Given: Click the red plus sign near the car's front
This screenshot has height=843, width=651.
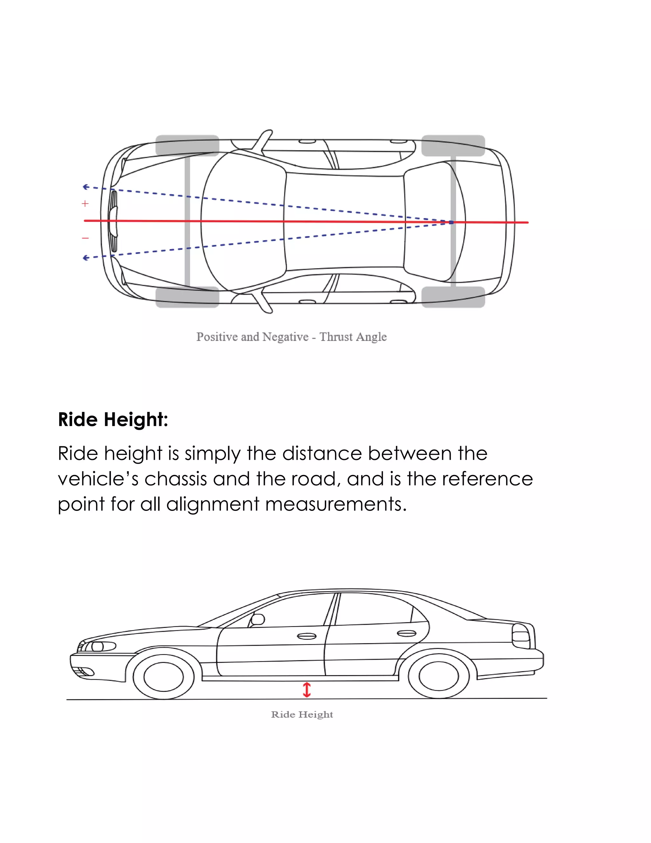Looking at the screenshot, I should point(85,203).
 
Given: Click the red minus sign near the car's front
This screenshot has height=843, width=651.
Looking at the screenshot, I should point(85,238).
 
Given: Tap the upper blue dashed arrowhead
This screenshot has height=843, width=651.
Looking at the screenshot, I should point(86,187).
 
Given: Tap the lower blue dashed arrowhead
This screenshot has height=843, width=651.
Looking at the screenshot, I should point(86,258).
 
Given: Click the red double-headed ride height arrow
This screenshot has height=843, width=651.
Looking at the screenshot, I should point(307,690).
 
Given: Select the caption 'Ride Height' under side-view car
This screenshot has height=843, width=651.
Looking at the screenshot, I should point(302,714).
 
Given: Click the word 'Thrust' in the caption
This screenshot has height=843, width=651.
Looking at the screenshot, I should point(336,337).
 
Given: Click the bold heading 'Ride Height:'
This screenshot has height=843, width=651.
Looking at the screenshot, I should point(113,419).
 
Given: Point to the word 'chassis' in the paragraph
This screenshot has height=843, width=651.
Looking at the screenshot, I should point(176,479).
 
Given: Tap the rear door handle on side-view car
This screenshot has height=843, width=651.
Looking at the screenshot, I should point(407,633).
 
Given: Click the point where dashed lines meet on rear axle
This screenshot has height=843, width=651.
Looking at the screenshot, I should point(452,222).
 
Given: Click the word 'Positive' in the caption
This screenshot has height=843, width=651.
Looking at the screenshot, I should point(217,337).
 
